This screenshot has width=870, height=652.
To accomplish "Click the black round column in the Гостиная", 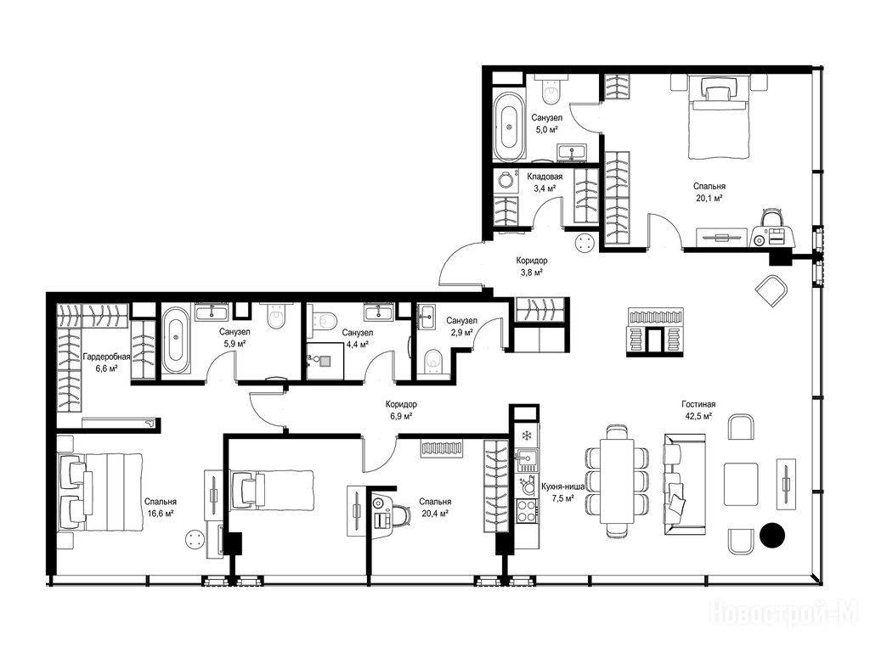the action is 771,535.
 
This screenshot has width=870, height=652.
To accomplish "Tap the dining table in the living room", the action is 617,481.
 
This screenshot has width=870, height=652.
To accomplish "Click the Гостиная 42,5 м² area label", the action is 698,410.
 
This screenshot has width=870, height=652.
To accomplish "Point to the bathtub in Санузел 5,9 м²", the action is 175,340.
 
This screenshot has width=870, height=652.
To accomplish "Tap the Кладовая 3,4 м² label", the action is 545,183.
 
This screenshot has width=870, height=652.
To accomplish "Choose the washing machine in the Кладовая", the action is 506,180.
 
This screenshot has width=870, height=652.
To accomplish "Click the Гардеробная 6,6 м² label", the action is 106,362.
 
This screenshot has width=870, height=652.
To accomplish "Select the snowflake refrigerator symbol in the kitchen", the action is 526,435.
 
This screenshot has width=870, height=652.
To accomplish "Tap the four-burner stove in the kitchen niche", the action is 526,510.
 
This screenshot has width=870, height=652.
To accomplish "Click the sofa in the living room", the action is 685,484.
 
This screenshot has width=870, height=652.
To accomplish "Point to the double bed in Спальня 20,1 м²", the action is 719,117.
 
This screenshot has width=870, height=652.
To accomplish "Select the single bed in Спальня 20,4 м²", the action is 272,490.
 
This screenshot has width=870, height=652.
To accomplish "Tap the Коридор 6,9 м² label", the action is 401,410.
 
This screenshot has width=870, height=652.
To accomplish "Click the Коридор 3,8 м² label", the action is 532,266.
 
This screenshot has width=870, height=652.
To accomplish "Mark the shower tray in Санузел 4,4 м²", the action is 325,360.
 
